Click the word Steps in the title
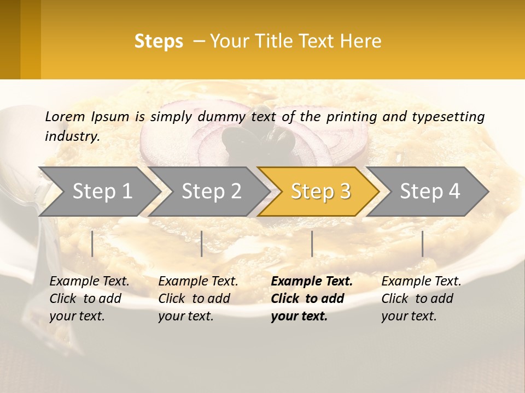pos(159,41)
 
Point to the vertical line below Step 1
pos(92,243)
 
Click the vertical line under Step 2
pos(202,243)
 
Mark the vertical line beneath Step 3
pos(312,243)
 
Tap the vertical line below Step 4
pos(423,243)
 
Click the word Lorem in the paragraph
pos(65,117)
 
